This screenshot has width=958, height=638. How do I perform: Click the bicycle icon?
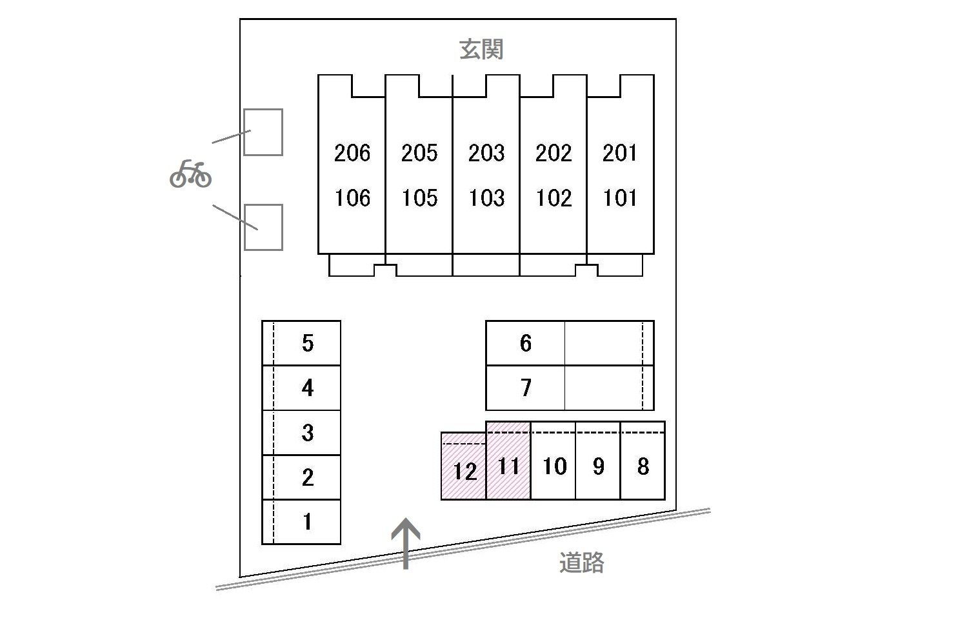tap(190, 174)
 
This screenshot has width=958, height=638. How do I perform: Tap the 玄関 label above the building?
tap(481, 50)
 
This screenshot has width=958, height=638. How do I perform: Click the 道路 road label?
tap(581, 563)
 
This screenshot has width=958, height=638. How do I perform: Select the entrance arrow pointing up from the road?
tap(406, 543)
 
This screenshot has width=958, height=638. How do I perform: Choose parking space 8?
tap(643, 466)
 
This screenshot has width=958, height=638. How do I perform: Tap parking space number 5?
tap(308, 343)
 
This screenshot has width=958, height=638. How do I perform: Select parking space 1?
tap(308, 521)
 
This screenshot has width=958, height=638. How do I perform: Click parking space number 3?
tap(308, 432)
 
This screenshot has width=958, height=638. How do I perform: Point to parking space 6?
tap(525, 343)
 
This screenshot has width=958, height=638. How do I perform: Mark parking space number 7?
tap(525, 388)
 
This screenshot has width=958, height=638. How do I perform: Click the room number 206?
tap(352, 153)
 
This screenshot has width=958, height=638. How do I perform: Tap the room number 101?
tap(620, 197)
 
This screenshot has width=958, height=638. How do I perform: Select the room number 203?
tap(486, 153)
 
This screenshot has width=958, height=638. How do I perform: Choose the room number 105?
tap(419, 197)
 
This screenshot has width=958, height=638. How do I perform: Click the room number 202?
tap(554, 153)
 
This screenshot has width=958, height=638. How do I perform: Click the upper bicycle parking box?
tap(263, 132)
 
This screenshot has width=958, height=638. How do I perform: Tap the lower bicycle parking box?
tap(263, 227)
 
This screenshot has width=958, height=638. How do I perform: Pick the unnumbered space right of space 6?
tap(608, 343)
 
